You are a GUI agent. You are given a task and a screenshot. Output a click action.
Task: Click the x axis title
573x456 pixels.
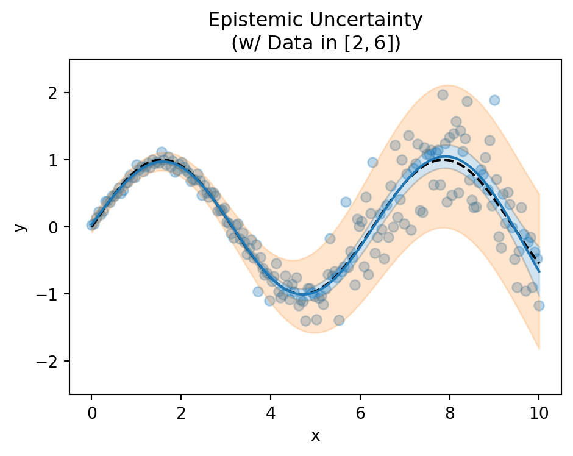(315, 435)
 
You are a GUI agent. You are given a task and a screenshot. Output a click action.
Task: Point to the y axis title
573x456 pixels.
(20, 227)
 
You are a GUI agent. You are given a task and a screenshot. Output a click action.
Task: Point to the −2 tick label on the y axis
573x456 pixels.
(53, 362)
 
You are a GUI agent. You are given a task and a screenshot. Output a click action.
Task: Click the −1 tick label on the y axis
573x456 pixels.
(53, 294)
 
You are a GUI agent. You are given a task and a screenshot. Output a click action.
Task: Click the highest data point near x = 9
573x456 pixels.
(494, 100)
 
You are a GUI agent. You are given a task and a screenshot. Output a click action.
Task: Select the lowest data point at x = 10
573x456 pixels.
(539, 305)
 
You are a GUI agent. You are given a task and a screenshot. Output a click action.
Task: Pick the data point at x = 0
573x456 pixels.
(91, 225)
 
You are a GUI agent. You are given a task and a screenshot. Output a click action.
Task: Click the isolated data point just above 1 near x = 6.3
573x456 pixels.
(372, 162)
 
